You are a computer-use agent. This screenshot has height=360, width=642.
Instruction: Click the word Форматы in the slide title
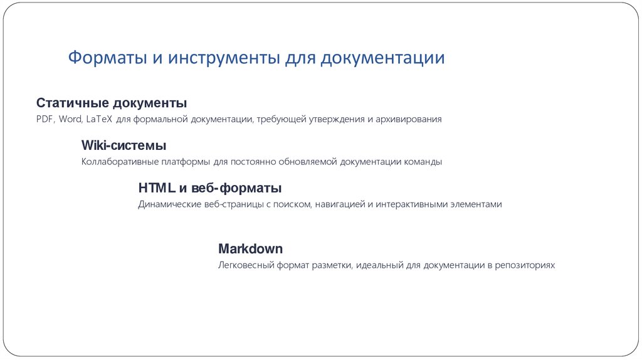point(107,58)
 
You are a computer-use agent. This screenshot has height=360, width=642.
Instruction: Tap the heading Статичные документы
point(112,103)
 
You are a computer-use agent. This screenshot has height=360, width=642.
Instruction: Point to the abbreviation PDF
point(46,119)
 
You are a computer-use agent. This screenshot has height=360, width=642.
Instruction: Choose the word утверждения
point(335,119)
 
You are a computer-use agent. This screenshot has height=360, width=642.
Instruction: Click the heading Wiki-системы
point(124,146)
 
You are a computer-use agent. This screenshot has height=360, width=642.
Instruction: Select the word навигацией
point(339,204)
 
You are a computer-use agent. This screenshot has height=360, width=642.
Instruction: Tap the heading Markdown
point(250,248)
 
